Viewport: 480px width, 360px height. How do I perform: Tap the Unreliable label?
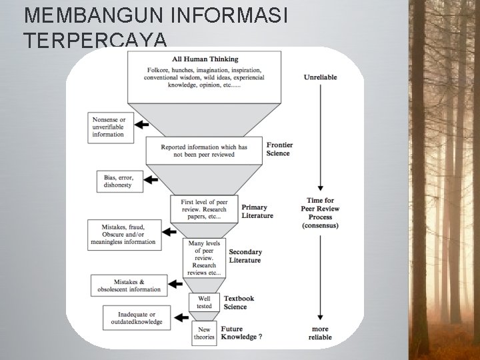tap(320, 77)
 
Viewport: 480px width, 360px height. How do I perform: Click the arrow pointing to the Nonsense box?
tap(142, 124)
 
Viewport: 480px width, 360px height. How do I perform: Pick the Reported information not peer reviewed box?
tap(203, 151)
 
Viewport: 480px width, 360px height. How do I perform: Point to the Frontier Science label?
tap(279, 149)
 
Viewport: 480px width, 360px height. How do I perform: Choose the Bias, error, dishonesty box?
tap(118, 181)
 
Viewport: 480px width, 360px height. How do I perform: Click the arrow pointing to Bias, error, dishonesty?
tap(151, 180)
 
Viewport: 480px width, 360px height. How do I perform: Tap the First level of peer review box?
tap(203, 206)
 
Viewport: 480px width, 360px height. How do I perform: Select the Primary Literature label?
tap(257, 211)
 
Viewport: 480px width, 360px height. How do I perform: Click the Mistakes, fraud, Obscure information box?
tap(125, 235)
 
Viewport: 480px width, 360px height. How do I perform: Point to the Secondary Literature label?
tap(245, 256)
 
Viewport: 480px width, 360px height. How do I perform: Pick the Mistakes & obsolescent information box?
tap(129, 285)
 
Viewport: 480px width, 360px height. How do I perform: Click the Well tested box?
tap(204, 302)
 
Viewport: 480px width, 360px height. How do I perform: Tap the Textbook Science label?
tap(239, 302)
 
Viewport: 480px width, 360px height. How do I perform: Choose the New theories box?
tap(204, 333)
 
